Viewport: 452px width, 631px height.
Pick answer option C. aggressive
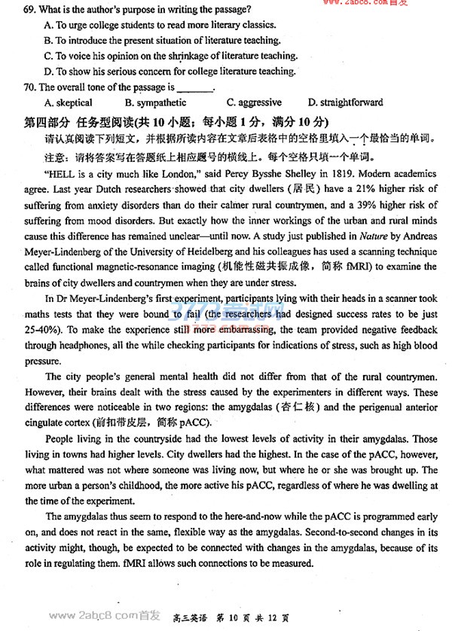click(254, 102)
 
